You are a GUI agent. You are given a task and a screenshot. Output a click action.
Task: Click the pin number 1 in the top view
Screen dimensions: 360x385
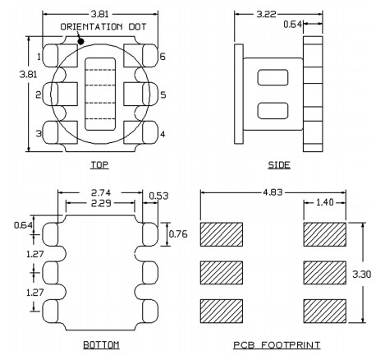click(x=39, y=57)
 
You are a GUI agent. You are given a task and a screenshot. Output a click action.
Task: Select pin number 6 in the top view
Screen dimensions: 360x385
click(x=163, y=57)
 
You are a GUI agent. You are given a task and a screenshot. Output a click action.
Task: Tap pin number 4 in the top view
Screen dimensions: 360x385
click(x=163, y=134)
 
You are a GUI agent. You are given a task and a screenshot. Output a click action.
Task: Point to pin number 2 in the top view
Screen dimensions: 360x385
click(x=39, y=95)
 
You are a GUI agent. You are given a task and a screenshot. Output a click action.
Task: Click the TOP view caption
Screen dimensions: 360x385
click(x=101, y=165)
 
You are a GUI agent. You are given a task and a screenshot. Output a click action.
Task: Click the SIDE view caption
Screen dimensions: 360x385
click(x=279, y=165)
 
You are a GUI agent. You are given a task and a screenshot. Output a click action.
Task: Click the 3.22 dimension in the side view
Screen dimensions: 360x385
click(x=265, y=15)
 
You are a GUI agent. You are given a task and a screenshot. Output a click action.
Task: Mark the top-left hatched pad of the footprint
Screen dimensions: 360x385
click(x=222, y=234)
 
